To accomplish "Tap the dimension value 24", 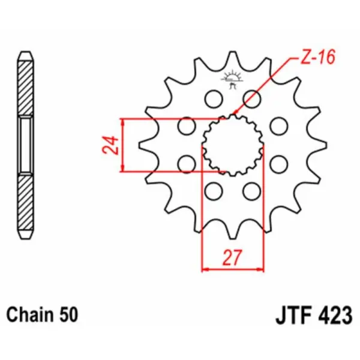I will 109,146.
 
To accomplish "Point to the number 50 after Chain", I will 66,314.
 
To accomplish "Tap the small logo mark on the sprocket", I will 232,79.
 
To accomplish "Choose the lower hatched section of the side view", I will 25,204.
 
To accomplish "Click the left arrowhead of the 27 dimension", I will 204,269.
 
